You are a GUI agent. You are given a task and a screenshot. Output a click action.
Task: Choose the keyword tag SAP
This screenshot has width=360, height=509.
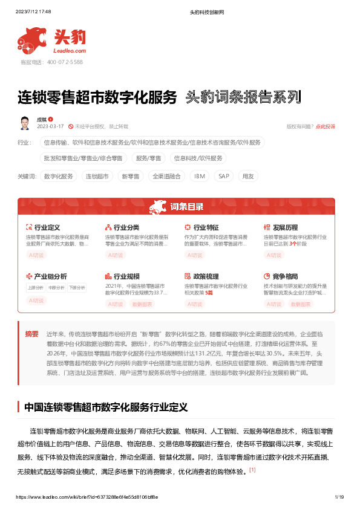click(223, 177)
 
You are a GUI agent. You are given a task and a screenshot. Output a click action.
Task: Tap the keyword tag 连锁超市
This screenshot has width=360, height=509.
click(97, 177)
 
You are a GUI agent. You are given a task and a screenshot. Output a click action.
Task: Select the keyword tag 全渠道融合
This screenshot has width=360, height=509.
click(166, 177)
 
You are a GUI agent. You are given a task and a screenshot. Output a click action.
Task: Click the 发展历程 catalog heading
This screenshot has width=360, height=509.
click(285, 228)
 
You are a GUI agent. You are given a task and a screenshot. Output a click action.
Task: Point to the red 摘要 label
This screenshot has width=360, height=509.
click(31, 333)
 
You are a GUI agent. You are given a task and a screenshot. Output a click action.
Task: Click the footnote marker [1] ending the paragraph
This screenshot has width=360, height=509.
click(252, 470)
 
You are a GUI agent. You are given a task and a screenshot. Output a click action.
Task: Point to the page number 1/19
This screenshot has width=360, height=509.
click(339, 497)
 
